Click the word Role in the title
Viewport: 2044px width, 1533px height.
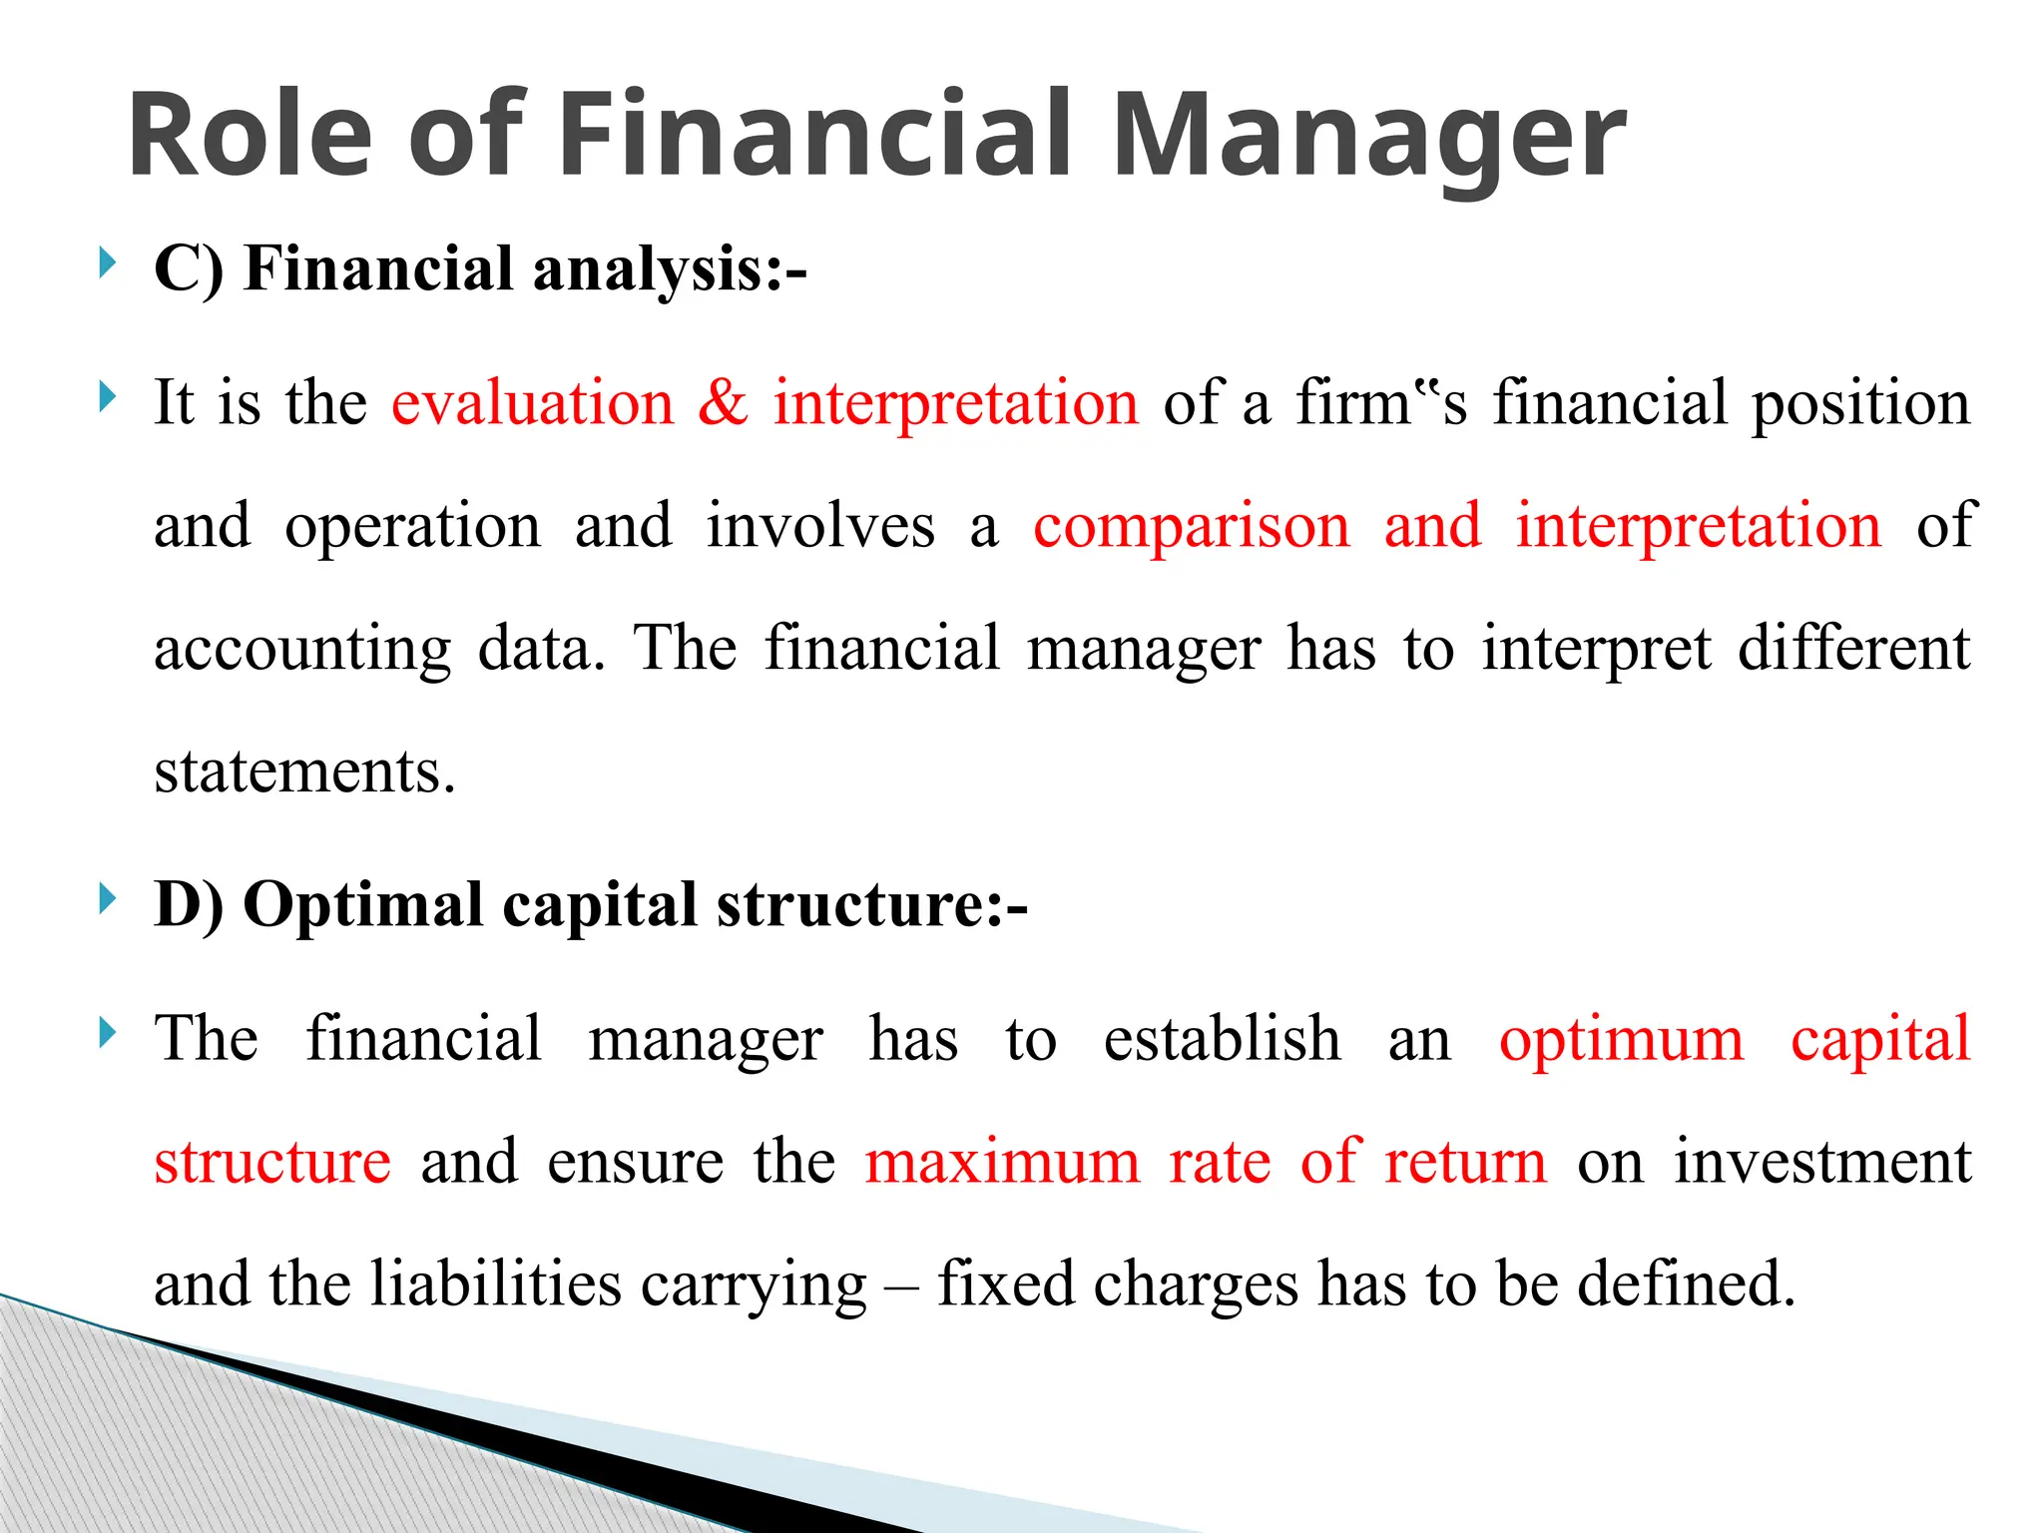250,135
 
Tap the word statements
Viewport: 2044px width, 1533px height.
304,771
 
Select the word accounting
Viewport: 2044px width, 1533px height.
301,649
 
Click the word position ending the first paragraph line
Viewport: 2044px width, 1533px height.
1860,404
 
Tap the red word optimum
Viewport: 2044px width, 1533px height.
1621,1039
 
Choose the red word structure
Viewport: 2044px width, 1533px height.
272,1162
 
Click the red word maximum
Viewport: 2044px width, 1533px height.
1002,1162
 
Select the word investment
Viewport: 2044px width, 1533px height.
1822,1162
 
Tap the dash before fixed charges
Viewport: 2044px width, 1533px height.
902,1285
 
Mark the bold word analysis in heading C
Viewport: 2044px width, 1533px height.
648,269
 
